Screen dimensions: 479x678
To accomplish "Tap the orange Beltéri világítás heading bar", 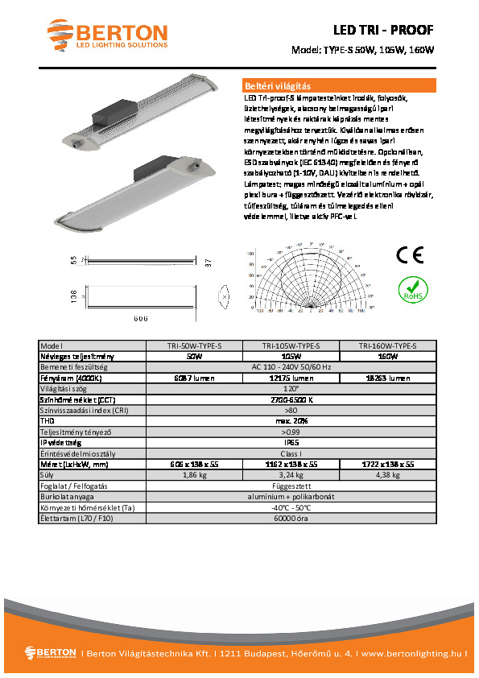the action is [x=339, y=85].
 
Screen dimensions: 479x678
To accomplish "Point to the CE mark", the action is [x=411, y=255].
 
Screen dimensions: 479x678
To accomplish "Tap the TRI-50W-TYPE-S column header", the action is [x=193, y=345].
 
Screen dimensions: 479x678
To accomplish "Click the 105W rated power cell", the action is [x=291, y=356].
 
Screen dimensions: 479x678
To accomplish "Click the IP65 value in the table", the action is [x=291, y=442].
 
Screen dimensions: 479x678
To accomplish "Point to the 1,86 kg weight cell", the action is [x=193, y=475].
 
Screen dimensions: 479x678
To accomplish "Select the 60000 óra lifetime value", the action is [x=291, y=519].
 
